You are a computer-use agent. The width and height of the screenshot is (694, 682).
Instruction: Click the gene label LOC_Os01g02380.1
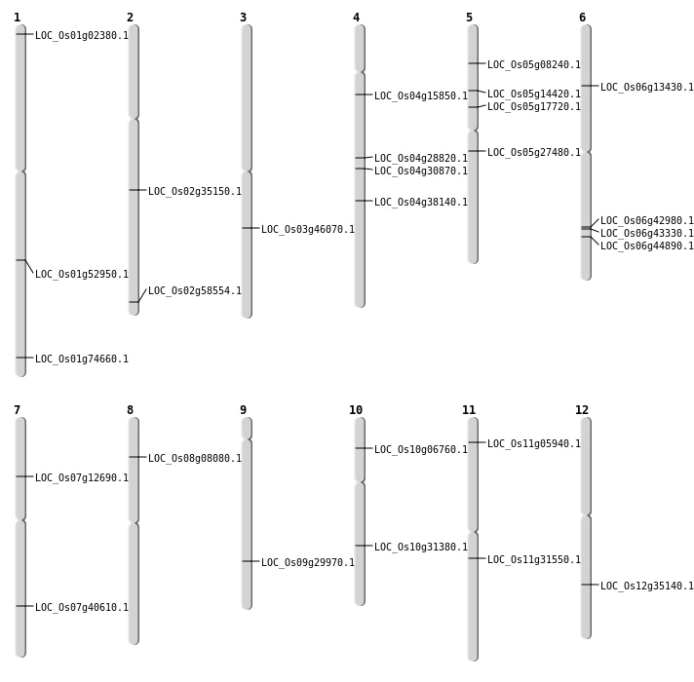point(82,36)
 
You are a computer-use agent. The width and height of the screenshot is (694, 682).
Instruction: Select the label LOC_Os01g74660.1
point(82,360)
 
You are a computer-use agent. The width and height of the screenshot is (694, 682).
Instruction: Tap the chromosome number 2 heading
point(130,18)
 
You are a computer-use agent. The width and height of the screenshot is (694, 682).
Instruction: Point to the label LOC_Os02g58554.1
point(195,291)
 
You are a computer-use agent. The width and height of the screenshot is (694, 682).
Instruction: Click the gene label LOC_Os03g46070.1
point(308,230)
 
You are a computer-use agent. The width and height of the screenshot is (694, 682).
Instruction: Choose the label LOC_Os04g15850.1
point(421,96)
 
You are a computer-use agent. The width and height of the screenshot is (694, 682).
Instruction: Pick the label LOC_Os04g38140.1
point(421,203)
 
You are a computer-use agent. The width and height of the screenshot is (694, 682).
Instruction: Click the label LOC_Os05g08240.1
point(534,65)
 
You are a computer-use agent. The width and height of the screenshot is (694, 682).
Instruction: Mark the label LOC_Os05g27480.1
point(534,153)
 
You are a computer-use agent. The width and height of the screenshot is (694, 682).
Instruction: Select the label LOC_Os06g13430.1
point(647,88)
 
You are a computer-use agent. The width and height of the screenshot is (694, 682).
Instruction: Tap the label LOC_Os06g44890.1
point(647,246)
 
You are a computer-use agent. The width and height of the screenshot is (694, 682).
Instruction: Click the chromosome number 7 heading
point(17,410)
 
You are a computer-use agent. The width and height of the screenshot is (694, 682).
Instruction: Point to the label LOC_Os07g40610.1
point(82,608)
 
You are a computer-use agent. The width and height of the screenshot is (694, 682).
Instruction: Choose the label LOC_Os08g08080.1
point(195,459)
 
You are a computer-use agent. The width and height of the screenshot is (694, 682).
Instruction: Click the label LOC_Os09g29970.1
point(308,563)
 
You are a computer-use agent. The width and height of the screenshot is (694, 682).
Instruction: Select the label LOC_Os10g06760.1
point(421,450)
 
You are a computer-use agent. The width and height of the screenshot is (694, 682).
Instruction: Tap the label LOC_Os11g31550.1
point(534,560)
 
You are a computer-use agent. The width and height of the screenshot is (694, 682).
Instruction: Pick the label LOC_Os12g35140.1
point(647,587)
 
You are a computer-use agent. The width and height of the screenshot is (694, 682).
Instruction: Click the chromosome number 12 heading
point(582,410)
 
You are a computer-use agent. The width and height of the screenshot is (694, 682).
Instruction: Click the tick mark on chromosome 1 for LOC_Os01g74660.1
point(20,358)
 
